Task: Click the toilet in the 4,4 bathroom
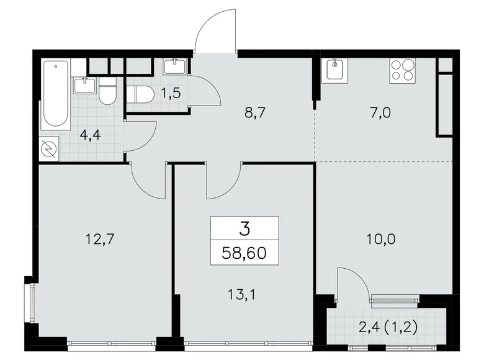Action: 107,92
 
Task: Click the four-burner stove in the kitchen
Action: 403,70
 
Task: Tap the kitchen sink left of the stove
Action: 336,70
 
